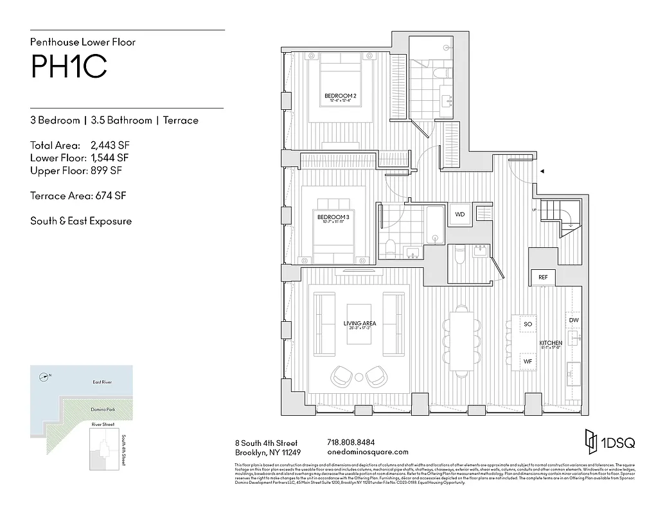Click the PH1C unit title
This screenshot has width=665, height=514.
(69, 67)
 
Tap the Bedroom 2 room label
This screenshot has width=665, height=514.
(341, 97)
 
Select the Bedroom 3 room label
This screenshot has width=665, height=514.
(333, 217)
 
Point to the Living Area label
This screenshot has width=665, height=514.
(360, 324)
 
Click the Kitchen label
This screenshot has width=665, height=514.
(551, 343)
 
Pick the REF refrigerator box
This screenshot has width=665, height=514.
(543, 277)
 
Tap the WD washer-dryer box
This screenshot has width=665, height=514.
(460, 214)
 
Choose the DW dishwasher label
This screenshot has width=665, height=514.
(573, 319)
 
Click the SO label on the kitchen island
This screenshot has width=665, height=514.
(528, 324)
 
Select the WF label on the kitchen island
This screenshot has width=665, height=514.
(528, 362)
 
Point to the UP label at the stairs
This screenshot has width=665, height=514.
(533, 210)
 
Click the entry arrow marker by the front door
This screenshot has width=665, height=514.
(542, 172)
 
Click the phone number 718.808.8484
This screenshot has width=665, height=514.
(351, 443)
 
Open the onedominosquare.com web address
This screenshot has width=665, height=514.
(368, 452)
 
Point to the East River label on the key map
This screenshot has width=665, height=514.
(102, 382)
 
